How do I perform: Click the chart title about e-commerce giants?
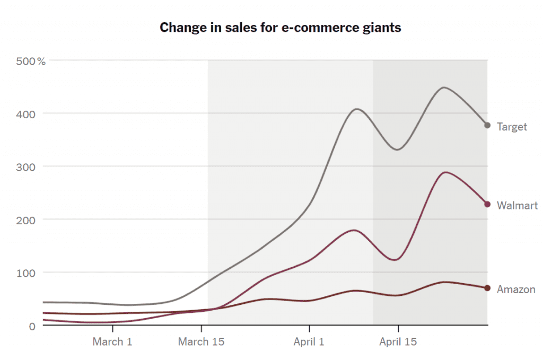281,28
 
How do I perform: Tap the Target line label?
512,127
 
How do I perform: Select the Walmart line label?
517,206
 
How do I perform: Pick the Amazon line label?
516,289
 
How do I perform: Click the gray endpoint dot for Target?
487,125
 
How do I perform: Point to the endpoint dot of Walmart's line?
487,205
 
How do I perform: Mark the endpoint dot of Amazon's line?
487,288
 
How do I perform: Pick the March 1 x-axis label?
112,342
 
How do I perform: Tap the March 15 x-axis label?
201,342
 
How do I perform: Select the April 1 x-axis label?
309,342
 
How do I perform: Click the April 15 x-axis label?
398,342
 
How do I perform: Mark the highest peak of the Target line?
444,87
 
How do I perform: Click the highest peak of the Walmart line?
444,172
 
